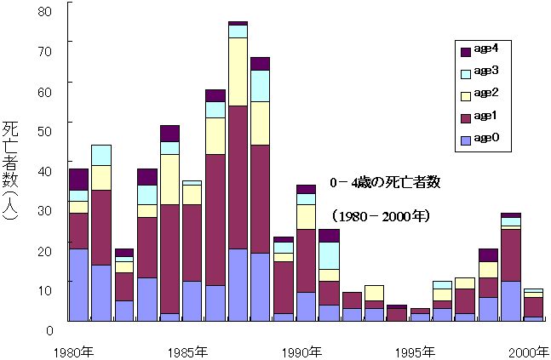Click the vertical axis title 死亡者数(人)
[12, 169]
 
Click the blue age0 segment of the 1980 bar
[78, 284]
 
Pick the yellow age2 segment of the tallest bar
[238, 71]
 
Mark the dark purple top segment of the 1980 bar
[78, 179]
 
